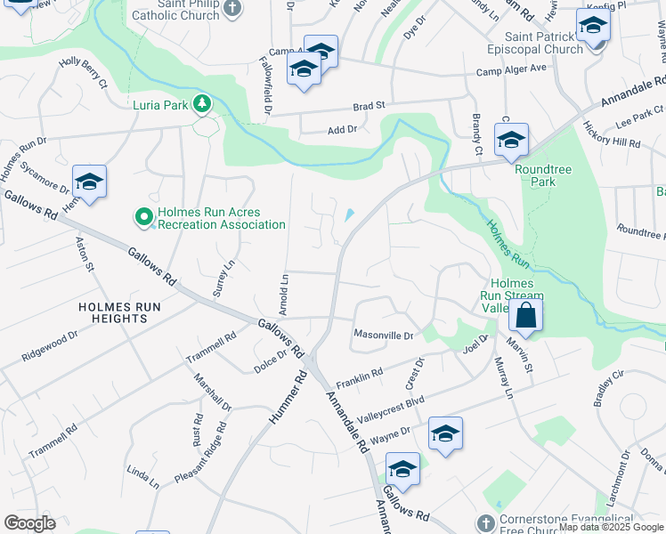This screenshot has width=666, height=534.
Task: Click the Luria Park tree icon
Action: [203, 104]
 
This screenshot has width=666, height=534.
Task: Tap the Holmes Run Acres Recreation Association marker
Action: [142, 216]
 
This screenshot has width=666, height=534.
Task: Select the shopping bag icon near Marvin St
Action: [526, 315]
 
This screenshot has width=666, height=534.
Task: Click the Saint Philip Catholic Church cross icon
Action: [232, 9]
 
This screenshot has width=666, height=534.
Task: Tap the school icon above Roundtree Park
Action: [511, 140]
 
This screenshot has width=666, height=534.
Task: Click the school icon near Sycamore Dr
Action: [89, 182]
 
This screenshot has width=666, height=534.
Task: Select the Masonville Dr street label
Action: [384, 336]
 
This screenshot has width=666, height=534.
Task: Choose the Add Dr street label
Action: [342, 130]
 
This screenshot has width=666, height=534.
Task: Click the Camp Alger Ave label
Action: [511, 69]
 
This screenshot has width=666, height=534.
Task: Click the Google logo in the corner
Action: [28, 523]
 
